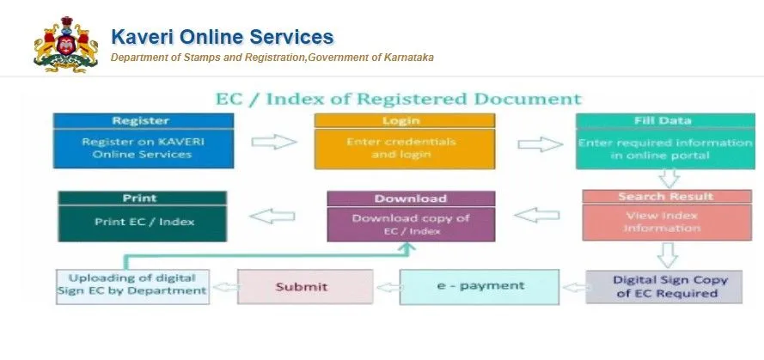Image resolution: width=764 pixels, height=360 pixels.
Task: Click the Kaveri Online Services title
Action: pos(222,37)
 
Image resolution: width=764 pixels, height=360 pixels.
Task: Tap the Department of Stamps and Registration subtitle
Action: pos(272,58)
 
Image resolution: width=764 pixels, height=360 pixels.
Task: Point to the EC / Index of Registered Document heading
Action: pos(398,99)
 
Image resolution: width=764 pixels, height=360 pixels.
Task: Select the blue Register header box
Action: pos(141,121)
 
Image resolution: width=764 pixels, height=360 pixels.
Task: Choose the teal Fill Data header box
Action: pos(663,121)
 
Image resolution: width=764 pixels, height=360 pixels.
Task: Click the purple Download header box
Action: pos(411,198)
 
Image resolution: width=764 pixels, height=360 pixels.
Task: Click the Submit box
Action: pos(302,286)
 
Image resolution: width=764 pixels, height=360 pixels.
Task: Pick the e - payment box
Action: pos(478,285)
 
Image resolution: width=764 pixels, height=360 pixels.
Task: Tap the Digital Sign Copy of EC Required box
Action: pos(664,286)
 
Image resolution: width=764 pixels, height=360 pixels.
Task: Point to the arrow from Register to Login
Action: pos(272,142)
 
